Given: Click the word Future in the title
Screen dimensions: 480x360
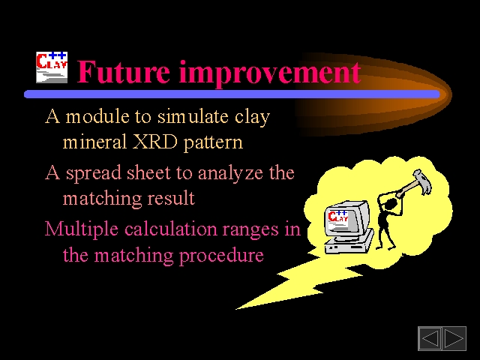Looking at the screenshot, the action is [x=123, y=72].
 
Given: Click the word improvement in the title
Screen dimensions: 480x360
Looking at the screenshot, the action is [x=270, y=73].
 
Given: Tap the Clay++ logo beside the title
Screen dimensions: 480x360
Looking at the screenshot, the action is [x=52, y=67].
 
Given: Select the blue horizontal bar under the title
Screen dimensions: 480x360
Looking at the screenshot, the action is [x=232, y=94].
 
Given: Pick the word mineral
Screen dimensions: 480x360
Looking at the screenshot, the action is [x=94, y=142].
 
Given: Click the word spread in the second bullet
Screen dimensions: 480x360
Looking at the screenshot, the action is [x=94, y=174].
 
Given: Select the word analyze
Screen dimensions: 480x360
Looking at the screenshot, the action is [x=230, y=174].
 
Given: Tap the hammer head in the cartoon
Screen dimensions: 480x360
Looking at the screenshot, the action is [x=422, y=181].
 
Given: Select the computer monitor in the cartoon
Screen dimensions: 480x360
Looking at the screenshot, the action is [x=347, y=218].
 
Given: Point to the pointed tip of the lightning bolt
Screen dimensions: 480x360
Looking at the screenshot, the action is [x=236, y=309].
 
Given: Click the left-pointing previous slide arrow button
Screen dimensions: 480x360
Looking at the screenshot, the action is [x=430, y=338].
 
